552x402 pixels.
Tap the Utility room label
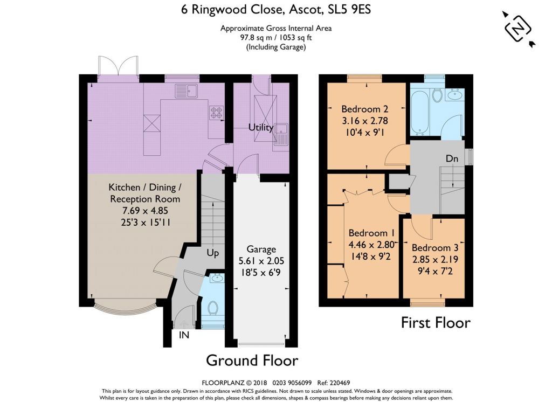tap(261, 127)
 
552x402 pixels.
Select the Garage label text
tap(261, 249)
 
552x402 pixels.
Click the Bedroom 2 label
tap(365, 109)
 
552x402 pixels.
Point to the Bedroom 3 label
tap(435, 247)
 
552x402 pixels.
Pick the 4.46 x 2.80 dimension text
tap(371, 244)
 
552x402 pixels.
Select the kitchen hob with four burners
tap(217, 113)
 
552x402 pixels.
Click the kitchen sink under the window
tap(187, 91)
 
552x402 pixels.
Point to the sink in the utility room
tap(281, 135)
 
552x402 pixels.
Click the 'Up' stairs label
tap(212, 253)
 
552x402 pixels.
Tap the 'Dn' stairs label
tap(452, 159)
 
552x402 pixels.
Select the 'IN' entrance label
tap(184, 335)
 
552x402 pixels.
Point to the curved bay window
tap(125, 307)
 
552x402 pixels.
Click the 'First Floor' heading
tap(436, 322)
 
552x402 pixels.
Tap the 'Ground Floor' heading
tap(252, 360)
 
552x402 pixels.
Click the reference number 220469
tap(339, 383)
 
